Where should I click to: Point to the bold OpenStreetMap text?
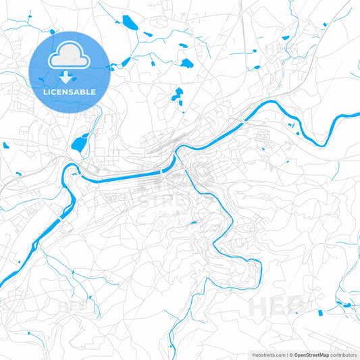(311, 355)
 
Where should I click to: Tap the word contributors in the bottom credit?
(344, 355)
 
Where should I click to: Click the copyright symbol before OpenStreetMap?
(290, 355)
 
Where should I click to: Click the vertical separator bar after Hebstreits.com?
(287, 355)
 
